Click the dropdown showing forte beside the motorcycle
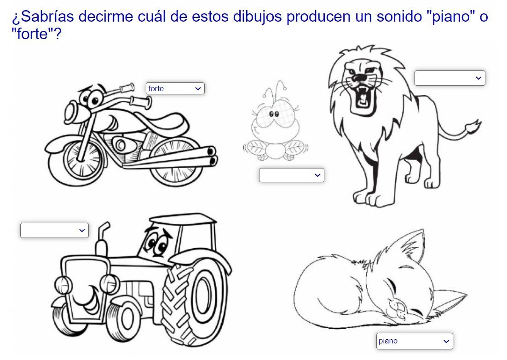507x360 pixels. (175, 88)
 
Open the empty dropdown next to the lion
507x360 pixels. (450, 78)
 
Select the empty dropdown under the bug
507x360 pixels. (291, 175)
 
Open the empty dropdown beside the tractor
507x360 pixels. (54, 230)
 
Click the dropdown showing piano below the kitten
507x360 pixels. (415, 341)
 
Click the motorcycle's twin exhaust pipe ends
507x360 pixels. (212, 156)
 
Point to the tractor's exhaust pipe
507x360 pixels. (103, 239)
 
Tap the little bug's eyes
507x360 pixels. (274, 114)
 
